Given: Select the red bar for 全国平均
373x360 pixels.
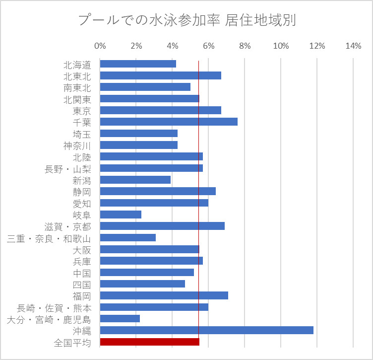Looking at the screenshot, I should pos(149,342).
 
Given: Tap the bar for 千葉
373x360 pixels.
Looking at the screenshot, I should pos(169,122).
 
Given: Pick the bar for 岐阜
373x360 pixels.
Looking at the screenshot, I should pos(121,215).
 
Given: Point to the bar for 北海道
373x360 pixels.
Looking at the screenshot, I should pos(138,64).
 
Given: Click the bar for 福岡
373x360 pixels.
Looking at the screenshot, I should pos(164,295).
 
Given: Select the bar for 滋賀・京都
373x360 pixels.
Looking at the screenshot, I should pos(162,226).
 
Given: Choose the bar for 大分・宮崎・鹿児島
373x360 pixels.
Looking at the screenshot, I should pos(120,319).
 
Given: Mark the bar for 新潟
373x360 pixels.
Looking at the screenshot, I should pos(135,180).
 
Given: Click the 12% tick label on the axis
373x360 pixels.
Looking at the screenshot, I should pos(317,46).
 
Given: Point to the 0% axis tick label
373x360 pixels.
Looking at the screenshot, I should pos(100,46).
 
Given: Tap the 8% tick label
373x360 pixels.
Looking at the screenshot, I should pos(245,46).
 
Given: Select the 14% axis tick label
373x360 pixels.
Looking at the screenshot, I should pos(353,46).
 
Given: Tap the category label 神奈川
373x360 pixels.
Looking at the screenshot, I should pos(77,145).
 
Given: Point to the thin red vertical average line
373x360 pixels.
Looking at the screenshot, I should pos(198,199).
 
